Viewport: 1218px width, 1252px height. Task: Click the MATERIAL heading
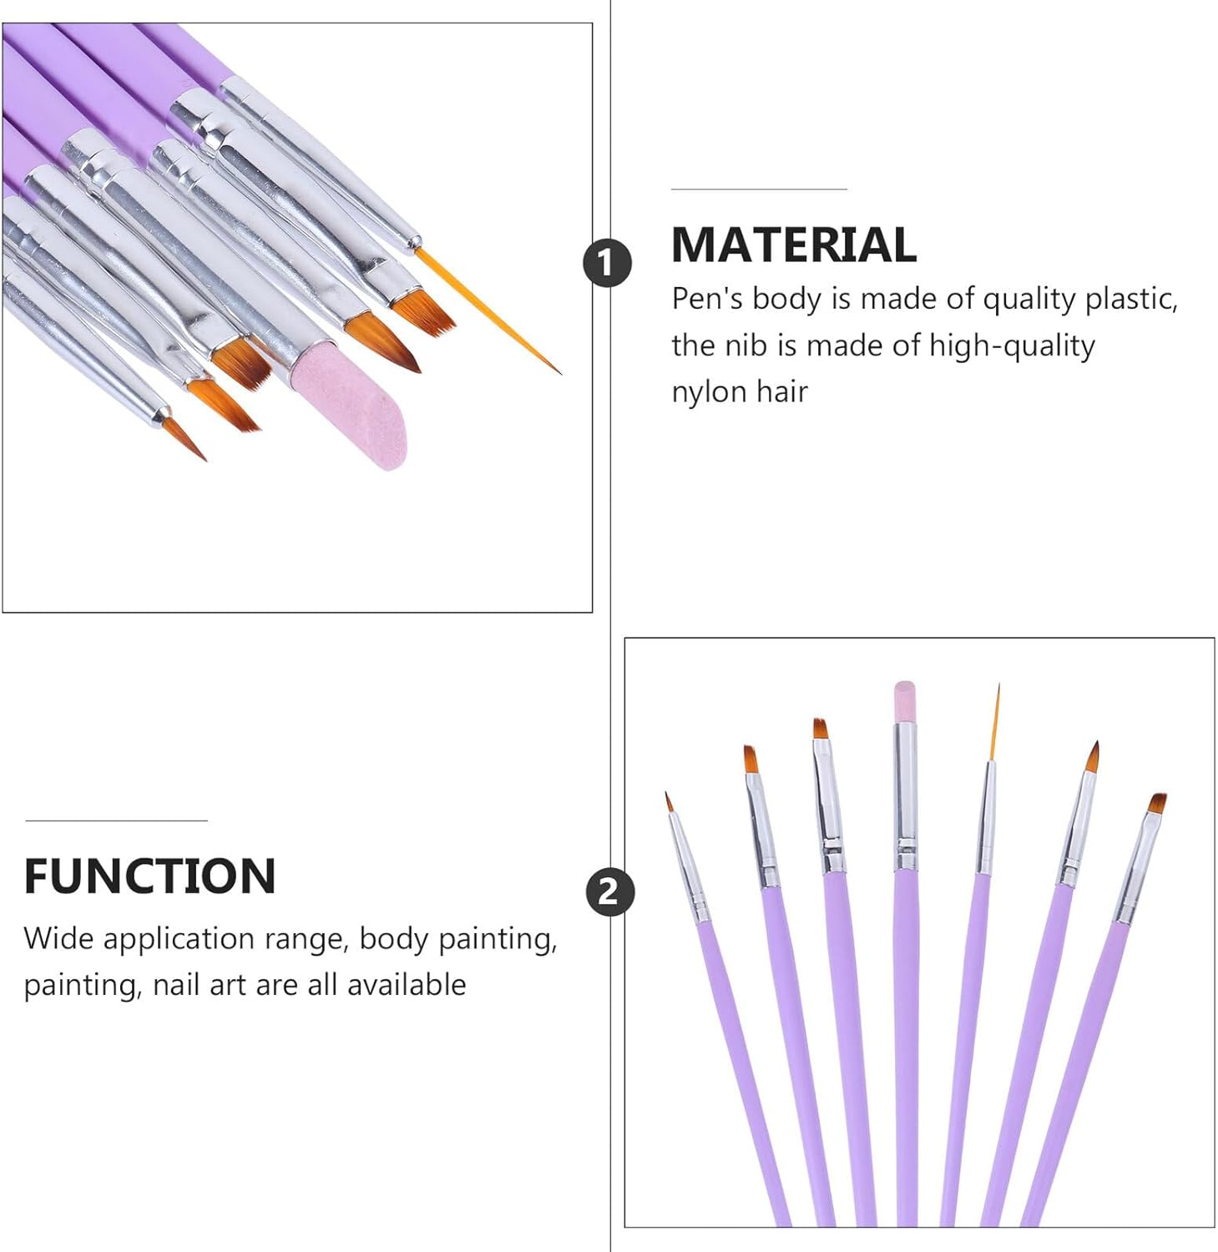[793, 245]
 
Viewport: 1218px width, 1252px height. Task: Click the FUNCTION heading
[149, 876]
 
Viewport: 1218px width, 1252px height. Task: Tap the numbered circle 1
[607, 264]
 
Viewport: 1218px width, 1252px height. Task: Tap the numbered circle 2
[610, 891]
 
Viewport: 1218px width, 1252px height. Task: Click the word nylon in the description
[709, 391]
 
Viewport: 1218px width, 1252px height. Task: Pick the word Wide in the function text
[58, 938]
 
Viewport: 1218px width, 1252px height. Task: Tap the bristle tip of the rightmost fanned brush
[1157, 803]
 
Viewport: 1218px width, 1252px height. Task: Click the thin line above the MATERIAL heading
[759, 189]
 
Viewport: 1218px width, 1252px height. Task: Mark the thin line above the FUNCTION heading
[116, 820]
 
